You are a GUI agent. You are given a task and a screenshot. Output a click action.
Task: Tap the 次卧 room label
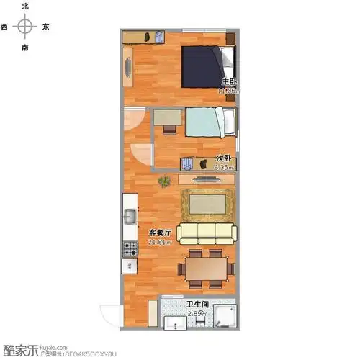[x=223, y=158]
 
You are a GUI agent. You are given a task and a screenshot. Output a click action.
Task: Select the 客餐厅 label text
[x=160, y=233]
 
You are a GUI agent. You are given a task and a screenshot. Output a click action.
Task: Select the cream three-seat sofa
[x=207, y=232]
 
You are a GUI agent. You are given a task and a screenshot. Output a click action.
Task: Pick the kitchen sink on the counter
[x=130, y=216]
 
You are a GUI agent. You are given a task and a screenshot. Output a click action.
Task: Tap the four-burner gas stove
[x=130, y=249]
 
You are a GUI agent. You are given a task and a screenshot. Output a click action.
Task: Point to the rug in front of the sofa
[x=207, y=204]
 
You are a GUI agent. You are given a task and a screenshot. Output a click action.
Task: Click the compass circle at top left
[x=26, y=27]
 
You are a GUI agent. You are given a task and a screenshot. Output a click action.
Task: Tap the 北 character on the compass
[x=26, y=6]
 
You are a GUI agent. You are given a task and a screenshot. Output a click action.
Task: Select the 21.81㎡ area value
[x=160, y=242]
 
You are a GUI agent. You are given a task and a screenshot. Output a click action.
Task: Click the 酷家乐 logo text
[x=19, y=351]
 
